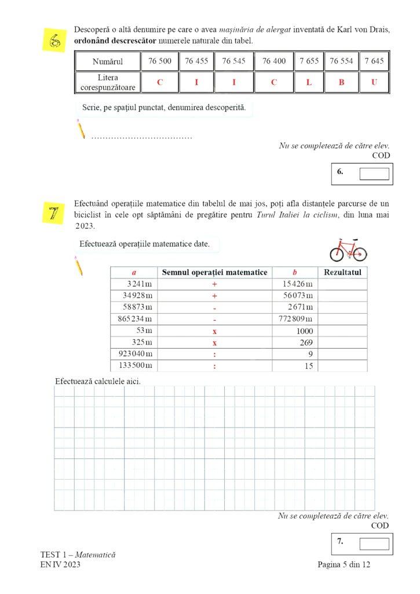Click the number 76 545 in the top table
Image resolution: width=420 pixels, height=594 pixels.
point(234,61)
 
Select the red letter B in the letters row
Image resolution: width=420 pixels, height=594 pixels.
point(341,82)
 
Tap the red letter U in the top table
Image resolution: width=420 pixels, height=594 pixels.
point(374,82)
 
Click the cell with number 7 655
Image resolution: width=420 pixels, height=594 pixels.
point(309,61)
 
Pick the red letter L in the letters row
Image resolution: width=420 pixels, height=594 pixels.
point(309,82)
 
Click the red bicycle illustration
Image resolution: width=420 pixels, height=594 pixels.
point(348,249)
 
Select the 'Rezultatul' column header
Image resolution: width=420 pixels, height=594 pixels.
point(343,272)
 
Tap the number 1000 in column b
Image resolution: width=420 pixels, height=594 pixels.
point(303,330)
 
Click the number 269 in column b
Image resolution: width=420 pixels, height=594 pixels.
point(305,342)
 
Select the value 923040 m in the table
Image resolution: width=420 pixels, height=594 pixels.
point(134,354)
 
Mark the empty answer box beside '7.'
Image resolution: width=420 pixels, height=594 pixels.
point(374,544)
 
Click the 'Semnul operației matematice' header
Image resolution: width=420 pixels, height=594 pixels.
point(214,272)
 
